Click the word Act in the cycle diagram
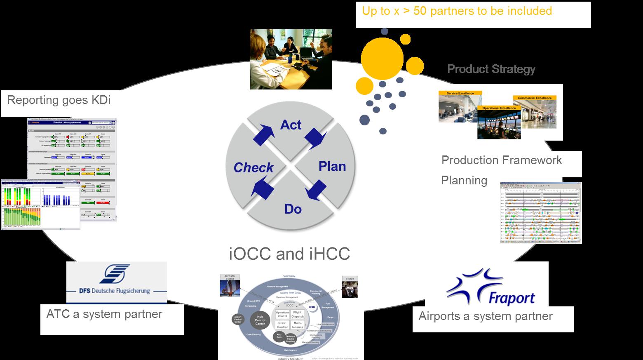tap(291, 125)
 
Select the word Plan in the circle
tap(332, 166)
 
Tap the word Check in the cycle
tap(253, 167)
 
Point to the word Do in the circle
tap(293, 209)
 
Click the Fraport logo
tap(490, 287)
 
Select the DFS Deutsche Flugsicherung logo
tap(117, 282)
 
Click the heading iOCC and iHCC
tap(289, 254)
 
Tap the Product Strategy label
tap(491, 69)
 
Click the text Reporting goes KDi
tap(59, 100)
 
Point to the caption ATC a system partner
tap(104, 314)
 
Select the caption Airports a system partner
tap(486, 316)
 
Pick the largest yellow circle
tap(382, 59)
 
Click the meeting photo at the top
tap(291, 59)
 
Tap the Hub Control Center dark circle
tap(260, 321)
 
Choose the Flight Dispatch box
tap(297, 314)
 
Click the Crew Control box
tap(282, 325)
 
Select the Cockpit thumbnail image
tap(350, 287)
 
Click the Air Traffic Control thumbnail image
tap(230, 285)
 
